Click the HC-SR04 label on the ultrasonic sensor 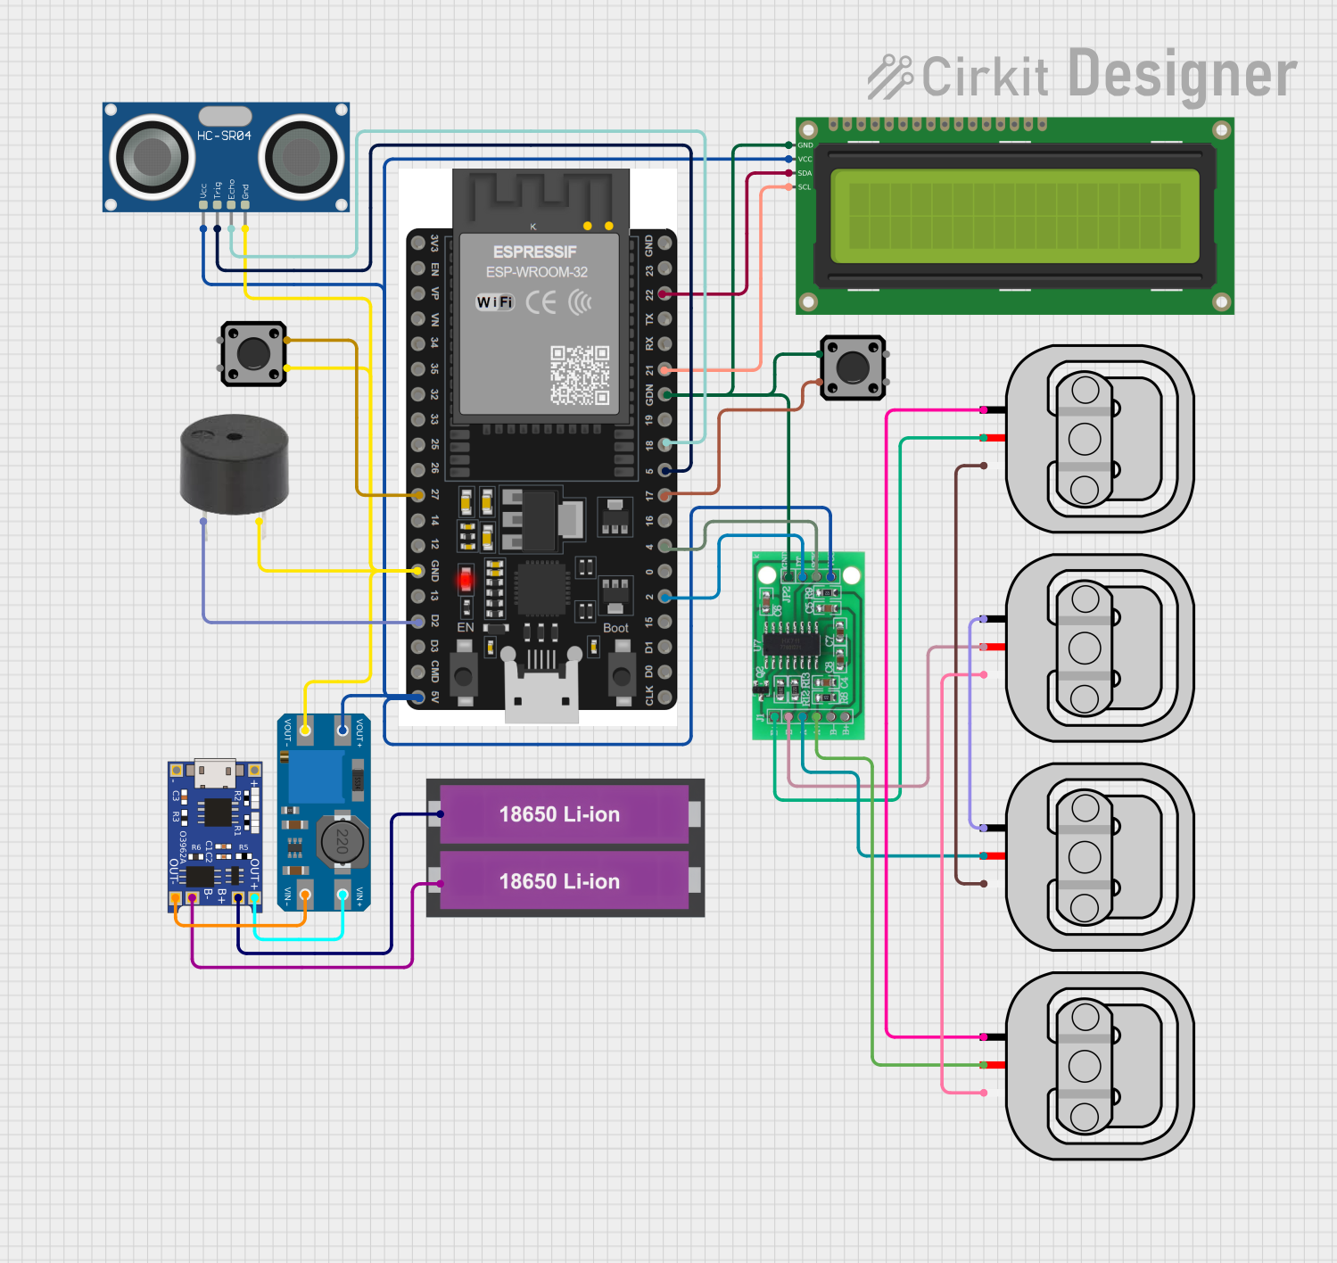pyautogui.click(x=224, y=136)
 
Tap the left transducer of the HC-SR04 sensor pyautogui.click(x=152, y=157)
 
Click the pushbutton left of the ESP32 pyautogui.click(x=253, y=353)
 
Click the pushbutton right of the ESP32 pyautogui.click(x=853, y=367)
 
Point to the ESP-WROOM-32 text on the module pyautogui.click(x=536, y=272)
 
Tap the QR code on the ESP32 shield pyautogui.click(x=580, y=376)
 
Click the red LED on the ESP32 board pyautogui.click(x=466, y=581)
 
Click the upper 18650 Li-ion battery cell pyautogui.click(x=559, y=814)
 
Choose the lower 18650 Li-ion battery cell pyautogui.click(x=559, y=881)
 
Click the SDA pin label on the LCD pyautogui.click(x=805, y=173)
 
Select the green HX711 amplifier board pyautogui.click(x=808, y=645)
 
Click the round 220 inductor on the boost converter pyautogui.click(x=342, y=840)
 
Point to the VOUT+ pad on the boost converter pyautogui.click(x=343, y=730)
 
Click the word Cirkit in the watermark pyautogui.click(x=985, y=77)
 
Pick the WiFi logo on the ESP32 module pyautogui.click(x=495, y=302)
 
